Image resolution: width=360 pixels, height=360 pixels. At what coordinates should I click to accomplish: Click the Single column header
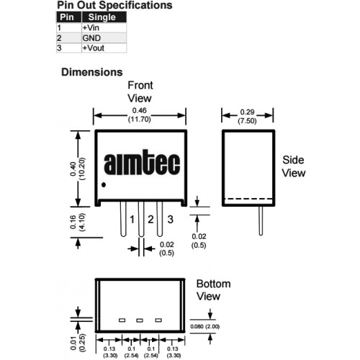coord(104,17)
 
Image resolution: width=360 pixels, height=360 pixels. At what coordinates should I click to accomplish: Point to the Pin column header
coord(69,17)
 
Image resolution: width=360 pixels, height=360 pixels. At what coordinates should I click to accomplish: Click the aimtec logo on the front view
coord(142,162)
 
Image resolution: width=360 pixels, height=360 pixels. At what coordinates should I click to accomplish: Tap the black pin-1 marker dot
coord(104,185)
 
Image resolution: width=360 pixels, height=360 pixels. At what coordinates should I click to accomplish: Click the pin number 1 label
coord(132,220)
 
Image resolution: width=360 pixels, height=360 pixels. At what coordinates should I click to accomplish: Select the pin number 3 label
coord(170,220)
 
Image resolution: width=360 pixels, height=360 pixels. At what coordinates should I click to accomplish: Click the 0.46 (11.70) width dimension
coord(140,114)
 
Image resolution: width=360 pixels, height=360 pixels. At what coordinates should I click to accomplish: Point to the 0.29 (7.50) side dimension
coord(247,117)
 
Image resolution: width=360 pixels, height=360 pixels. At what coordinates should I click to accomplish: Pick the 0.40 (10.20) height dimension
coord(78,169)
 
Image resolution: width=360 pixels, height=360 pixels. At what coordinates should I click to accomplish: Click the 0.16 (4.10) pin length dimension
coord(78,222)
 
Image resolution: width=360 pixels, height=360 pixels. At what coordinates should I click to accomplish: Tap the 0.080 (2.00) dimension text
coord(205,327)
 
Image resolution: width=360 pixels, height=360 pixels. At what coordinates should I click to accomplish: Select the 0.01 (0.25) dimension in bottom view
coord(78,343)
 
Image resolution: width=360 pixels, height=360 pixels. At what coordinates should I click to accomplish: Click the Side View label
coord(294,166)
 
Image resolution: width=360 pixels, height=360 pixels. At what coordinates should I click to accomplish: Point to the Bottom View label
coord(213,290)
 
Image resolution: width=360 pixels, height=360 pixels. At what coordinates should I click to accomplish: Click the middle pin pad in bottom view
coord(140,320)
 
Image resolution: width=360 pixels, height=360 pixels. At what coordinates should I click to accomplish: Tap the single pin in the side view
coord(261,221)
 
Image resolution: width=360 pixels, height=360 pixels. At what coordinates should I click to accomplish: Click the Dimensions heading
coord(92,72)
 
